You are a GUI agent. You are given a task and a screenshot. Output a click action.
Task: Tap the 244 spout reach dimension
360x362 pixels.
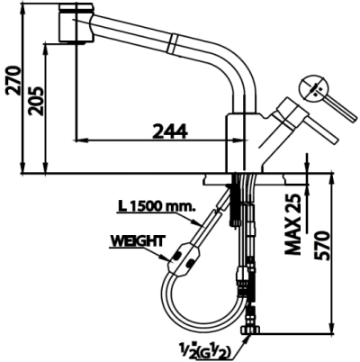[x=169, y=130]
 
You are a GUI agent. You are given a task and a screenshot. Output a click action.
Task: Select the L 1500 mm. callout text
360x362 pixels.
[x=156, y=205]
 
